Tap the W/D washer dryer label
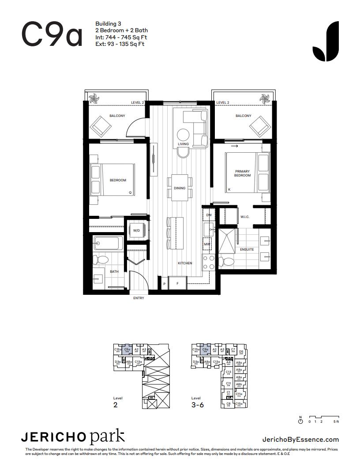point(136,230)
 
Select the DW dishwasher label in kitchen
point(209,215)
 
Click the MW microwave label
point(206,244)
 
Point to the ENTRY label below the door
point(139,298)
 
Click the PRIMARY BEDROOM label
point(242,173)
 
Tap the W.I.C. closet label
point(245,217)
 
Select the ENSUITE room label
point(247,249)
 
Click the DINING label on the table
point(180,188)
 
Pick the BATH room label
point(114,271)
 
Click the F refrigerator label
point(177,283)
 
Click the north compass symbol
point(300,421)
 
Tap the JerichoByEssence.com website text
point(300,439)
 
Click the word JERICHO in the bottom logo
point(54,437)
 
